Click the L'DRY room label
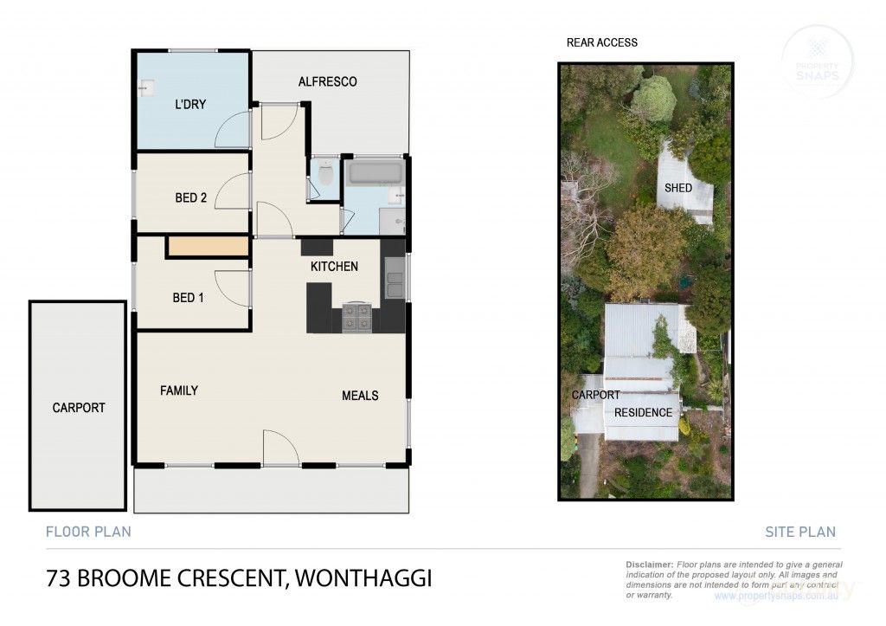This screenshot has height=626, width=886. (190, 105)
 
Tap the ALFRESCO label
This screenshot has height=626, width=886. (327, 81)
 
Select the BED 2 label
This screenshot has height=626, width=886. (190, 197)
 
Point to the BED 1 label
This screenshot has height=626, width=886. (188, 298)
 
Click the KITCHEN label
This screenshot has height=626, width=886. (334, 266)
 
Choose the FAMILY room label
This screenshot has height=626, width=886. (179, 390)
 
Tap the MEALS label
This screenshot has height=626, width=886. (360, 396)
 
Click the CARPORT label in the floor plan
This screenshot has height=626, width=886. (79, 408)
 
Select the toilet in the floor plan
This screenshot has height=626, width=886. (325, 176)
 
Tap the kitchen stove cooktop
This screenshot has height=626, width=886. (356, 317)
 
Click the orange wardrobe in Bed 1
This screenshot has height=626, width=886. (208, 248)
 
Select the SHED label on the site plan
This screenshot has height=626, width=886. (678, 188)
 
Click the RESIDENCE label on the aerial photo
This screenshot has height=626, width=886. (643, 413)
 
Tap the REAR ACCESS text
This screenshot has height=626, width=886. (601, 42)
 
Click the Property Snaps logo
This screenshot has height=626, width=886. (816, 59)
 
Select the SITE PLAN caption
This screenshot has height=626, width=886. (800, 532)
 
